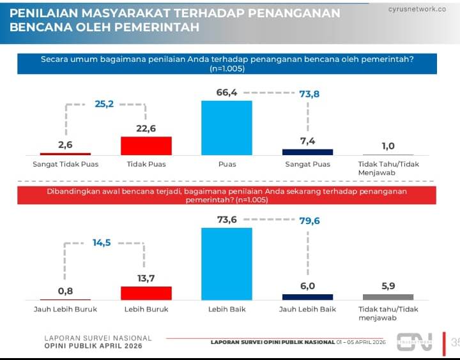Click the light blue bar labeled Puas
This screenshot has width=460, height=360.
(227, 128)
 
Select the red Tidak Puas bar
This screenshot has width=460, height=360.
(146, 146)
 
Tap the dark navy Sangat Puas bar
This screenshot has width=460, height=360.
(307, 152)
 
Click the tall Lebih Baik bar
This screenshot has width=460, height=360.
(227, 264)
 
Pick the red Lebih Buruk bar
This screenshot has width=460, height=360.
(146, 293)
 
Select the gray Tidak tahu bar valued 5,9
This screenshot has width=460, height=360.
(388, 297)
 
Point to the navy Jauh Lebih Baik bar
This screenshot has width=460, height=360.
(307, 297)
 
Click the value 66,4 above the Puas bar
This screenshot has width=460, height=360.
(227, 93)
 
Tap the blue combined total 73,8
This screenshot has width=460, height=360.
(309, 94)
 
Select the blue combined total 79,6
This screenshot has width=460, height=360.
(309, 221)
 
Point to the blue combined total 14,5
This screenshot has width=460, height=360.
(103, 243)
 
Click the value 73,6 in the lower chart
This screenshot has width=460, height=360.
(227, 219)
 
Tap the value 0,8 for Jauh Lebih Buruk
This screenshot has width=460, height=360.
(65, 291)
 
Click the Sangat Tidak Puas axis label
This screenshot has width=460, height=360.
(65, 164)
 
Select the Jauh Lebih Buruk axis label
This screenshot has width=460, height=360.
(65, 309)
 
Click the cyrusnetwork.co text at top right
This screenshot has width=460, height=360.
(417, 9)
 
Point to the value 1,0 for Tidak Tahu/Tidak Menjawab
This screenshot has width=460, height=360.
(388, 146)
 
